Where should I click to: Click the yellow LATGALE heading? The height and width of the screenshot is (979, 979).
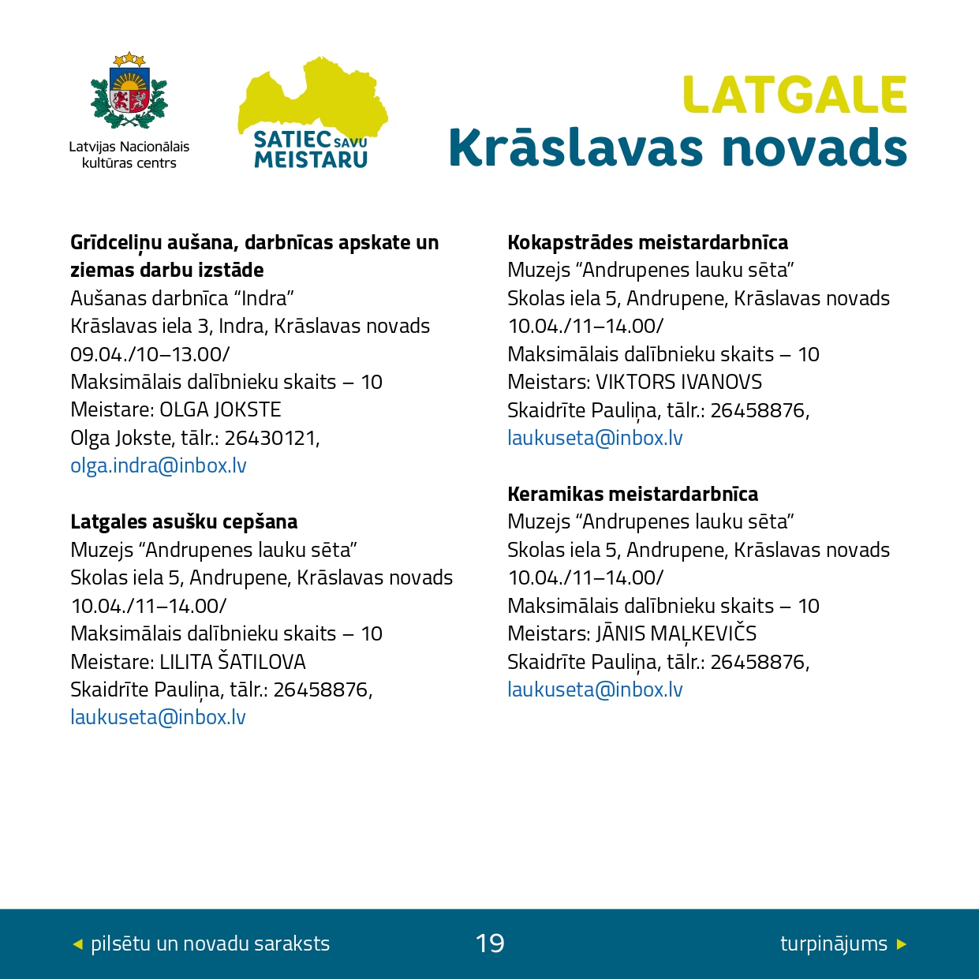794,95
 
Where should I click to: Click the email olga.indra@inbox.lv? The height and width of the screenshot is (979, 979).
159,466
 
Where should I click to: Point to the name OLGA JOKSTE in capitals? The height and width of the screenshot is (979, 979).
220,410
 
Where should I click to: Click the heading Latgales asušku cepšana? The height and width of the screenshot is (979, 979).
184,522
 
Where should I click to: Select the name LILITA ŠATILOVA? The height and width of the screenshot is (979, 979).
233,662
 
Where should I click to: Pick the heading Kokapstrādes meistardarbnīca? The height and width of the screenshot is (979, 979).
648,243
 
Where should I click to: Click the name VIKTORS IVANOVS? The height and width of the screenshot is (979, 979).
678,383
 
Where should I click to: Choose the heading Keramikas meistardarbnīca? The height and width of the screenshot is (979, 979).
633,495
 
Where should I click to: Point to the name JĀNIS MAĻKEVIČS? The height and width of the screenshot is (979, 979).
676,634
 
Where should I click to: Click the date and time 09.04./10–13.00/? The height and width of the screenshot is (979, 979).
150,354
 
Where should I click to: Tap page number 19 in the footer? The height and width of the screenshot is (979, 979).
490,944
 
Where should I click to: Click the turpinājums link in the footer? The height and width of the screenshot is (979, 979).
833,944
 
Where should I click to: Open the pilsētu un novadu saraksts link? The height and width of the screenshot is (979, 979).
210,944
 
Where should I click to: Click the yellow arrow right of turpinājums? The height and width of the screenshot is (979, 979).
902,944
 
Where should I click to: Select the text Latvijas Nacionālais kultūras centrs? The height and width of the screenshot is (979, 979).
129,155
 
